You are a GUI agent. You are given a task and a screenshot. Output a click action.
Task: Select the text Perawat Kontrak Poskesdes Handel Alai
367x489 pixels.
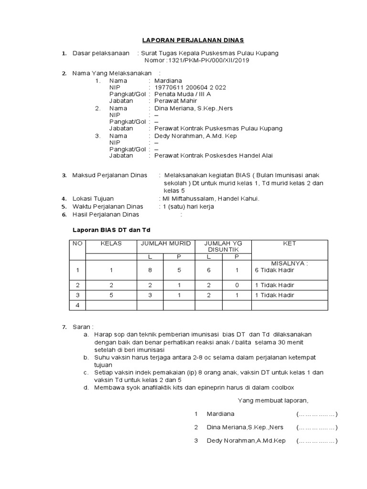[211, 156]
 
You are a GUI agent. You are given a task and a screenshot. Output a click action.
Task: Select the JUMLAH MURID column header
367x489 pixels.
[165, 244]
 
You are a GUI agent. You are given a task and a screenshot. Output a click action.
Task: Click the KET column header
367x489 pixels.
[290, 244]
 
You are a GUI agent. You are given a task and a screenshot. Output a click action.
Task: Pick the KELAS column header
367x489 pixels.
[111, 244]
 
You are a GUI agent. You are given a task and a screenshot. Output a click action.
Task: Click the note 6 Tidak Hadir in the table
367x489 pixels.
[274, 270]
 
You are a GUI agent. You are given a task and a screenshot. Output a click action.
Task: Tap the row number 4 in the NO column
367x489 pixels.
[77, 305]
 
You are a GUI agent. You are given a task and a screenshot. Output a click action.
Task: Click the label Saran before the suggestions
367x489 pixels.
[80, 327]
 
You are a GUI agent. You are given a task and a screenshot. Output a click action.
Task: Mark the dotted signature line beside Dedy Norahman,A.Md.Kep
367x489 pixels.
[317, 441]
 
